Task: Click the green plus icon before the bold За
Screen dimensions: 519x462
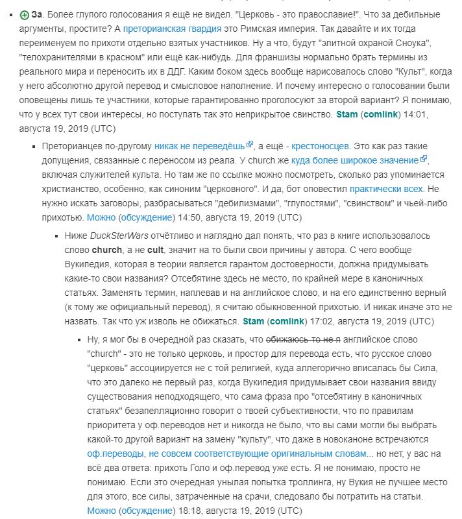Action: coord(25,15)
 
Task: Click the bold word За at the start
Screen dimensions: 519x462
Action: coord(37,15)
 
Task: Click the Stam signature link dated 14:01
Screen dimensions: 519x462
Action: coord(347,115)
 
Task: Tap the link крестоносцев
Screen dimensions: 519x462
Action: coord(320,147)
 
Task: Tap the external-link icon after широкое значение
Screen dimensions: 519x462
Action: coord(424,160)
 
